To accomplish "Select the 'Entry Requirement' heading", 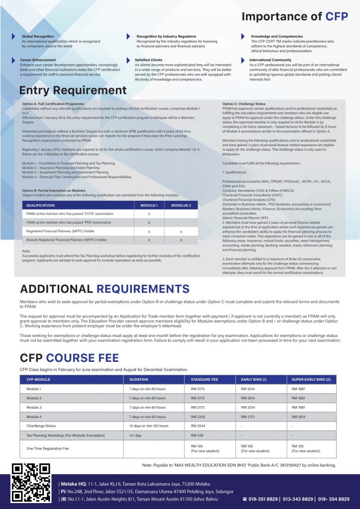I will [73, 90].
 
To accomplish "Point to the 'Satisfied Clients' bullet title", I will [149, 60].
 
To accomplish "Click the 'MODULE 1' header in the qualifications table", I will [149, 205].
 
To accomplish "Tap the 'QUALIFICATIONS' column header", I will [41, 205].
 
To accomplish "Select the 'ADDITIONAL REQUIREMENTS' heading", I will [104, 289].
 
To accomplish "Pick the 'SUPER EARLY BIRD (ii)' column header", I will [311, 379].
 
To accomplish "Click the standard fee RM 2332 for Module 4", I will [197, 417].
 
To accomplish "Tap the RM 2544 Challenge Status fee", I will [197, 426].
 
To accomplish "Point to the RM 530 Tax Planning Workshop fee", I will [196, 435].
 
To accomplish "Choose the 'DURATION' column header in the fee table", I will [136, 379].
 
